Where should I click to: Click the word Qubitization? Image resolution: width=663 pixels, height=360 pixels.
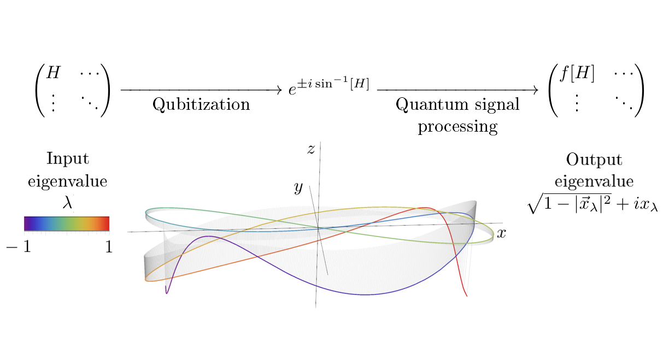pyautogui.click(x=201, y=104)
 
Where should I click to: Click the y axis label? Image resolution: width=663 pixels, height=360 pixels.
pyautogui.click(x=298, y=188)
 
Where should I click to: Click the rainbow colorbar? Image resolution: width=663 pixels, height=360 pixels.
pyautogui.click(x=67, y=223)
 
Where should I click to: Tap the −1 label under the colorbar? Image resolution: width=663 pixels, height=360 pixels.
pyautogui.click(x=20, y=247)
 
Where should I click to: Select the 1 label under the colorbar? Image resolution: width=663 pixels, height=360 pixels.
pyautogui.click(x=109, y=247)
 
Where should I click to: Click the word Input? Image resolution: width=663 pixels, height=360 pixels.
pyautogui.click(x=68, y=159)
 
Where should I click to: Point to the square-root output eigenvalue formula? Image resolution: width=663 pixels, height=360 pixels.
pyautogui.click(x=592, y=204)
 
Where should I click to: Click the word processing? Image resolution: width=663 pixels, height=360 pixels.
pyautogui.click(x=457, y=127)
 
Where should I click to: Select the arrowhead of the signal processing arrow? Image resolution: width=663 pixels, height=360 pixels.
pyautogui.click(x=535, y=88)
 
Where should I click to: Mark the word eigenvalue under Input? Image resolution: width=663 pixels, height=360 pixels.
pyautogui.click(x=67, y=181)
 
